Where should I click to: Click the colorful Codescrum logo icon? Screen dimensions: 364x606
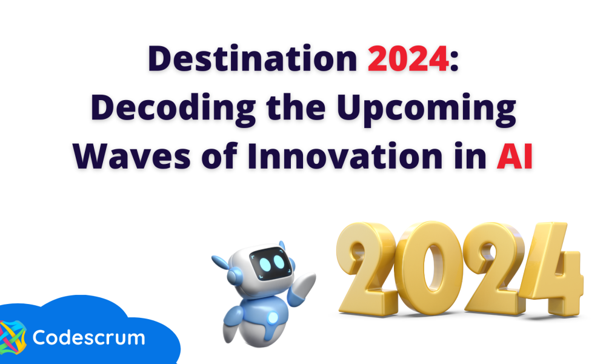12,337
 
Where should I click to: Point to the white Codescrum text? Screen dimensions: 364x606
88,337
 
